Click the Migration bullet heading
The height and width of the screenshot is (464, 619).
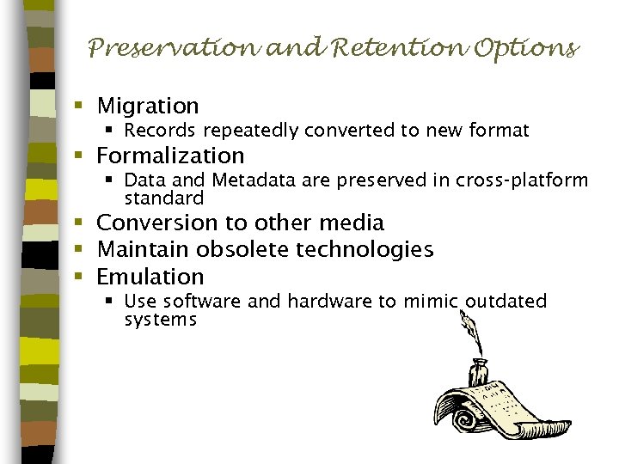(x=148, y=106)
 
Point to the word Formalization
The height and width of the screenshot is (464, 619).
(x=170, y=156)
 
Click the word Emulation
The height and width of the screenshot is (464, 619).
(x=150, y=277)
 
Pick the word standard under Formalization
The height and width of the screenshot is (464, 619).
(x=163, y=198)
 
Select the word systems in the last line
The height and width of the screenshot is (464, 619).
(x=161, y=320)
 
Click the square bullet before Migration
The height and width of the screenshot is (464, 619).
(x=77, y=106)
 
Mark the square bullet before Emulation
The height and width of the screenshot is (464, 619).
(x=77, y=277)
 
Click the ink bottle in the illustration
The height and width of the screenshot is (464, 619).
(x=478, y=373)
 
